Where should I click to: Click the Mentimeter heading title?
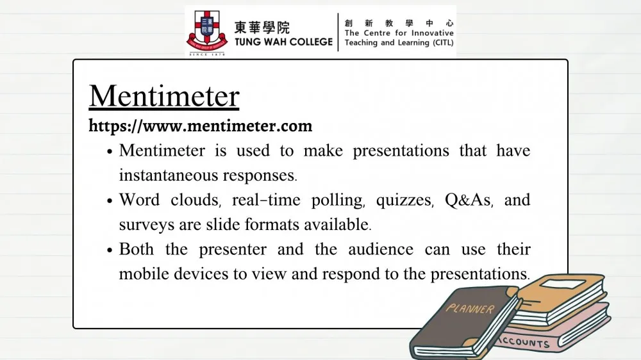(x=164, y=97)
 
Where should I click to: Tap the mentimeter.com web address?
(x=200, y=126)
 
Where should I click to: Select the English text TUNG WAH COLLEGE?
(x=283, y=42)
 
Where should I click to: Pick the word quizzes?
(x=404, y=200)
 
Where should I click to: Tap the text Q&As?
(x=468, y=200)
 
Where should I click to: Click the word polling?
(x=337, y=200)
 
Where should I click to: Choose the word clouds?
(x=194, y=200)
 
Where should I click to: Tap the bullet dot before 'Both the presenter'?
(x=110, y=250)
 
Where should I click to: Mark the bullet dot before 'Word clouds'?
(x=110, y=201)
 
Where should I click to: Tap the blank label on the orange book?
(x=563, y=284)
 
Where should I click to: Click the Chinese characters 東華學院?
(x=262, y=28)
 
